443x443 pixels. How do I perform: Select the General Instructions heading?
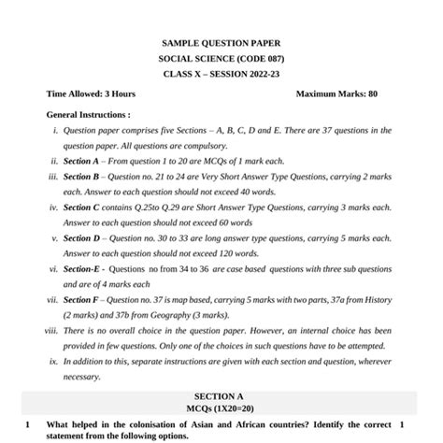88,114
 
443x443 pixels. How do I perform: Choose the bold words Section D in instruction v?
81,238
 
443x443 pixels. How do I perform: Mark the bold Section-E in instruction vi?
81,269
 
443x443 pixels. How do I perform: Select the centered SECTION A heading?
221,396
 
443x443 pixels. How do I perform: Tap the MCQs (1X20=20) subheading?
221,409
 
